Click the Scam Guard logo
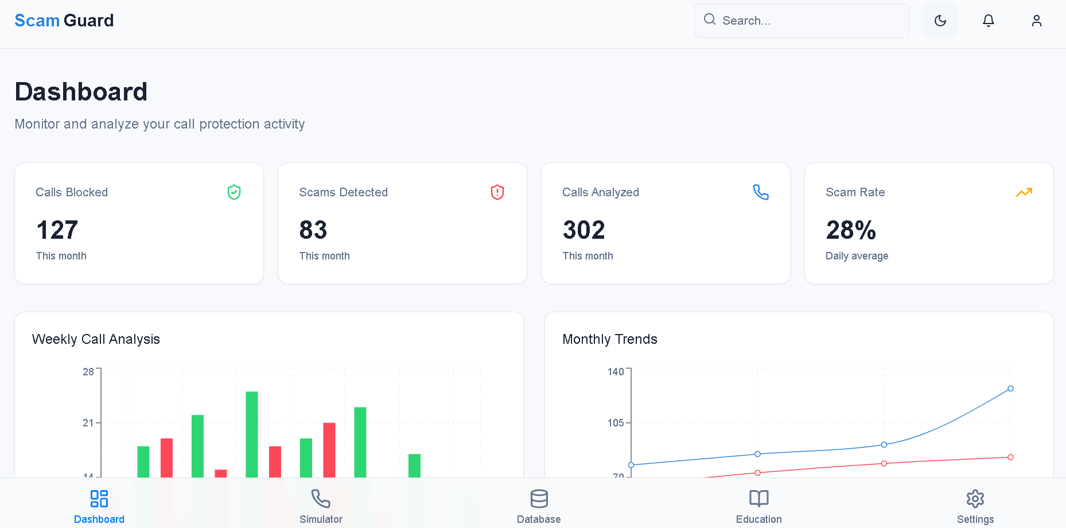[x=64, y=21]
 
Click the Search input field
[x=809, y=21]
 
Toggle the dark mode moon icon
[x=940, y=21]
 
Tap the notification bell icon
[x=988, y=21]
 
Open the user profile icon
[x=1036, y=21]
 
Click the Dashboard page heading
[x=81, y=92]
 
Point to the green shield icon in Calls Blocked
[x=234, y=192]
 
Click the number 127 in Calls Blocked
[x=57, y=230]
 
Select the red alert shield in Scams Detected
[x=497, y=192]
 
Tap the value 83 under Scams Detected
[x=313, y=230]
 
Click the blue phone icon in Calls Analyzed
[x=761, y=192]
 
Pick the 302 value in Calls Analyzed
[x=583, y=230]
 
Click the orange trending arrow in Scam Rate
[x=1024, y=192]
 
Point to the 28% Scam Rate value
[x=851, y=230]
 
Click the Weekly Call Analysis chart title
[x=96, y=339]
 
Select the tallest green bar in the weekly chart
[x=252, y=433]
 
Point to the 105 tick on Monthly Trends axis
[x=615, y=423]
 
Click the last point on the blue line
[x=1010, y=389]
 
